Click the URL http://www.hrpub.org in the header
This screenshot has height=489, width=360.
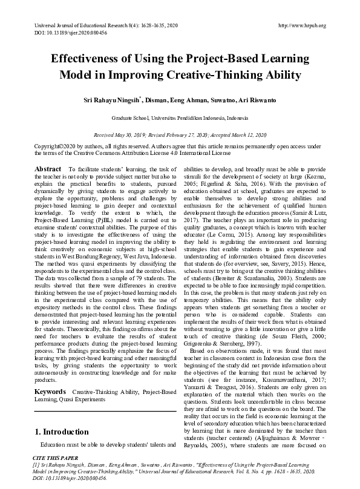302,25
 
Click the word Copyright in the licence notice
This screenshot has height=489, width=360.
47,146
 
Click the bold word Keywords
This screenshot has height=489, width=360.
50,392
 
